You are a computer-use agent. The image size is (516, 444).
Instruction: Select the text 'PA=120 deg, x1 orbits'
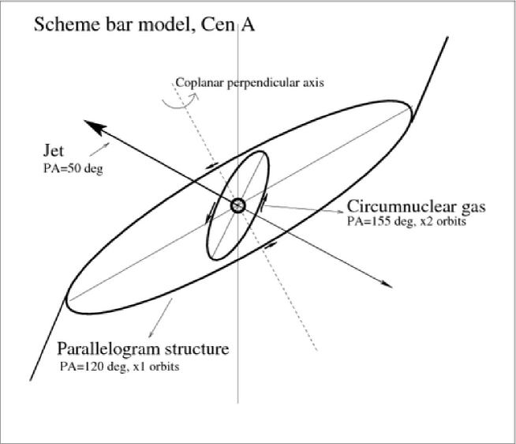[118, 366]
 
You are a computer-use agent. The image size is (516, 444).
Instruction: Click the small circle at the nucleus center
[238, 205]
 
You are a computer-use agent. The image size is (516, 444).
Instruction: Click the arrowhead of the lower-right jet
[387, 283]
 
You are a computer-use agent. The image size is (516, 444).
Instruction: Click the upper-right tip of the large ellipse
[409, 109]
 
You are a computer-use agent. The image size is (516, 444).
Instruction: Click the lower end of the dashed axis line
[317, 350]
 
